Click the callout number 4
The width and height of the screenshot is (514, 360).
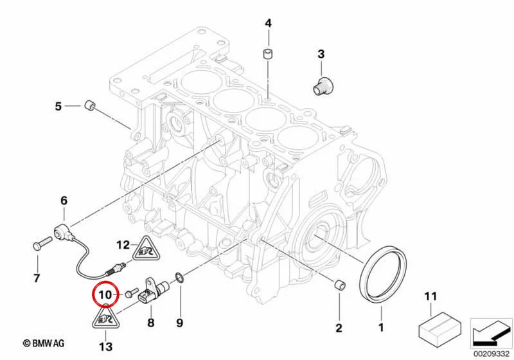pos(268,23)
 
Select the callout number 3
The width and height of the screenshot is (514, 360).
pos(321,54)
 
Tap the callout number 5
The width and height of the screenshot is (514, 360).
pos(58,106)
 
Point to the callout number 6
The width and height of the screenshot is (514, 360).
pos(64,201)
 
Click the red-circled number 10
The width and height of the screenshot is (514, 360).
pos(105,294)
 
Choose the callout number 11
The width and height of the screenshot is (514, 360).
pos(430,296)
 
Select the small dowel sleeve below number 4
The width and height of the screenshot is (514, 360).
pos(268,54)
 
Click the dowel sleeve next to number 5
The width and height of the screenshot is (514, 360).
pos(89,105)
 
